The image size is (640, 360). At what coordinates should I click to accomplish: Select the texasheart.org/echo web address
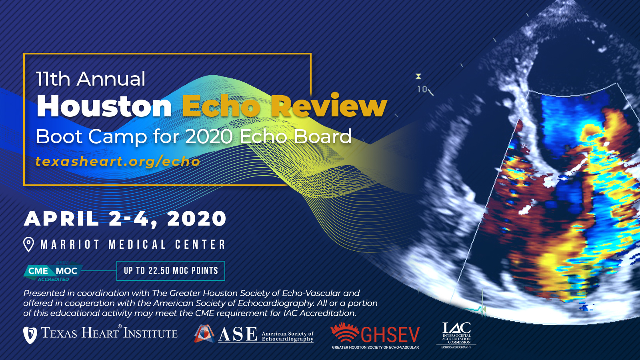pos(118,162)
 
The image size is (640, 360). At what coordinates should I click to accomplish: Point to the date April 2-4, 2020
pos(125,219)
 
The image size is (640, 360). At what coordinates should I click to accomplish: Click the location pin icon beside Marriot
pos(28,245)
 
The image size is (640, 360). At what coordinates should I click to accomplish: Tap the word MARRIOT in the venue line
pos(70,244)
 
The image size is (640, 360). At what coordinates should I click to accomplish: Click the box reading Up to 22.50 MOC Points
pos(170,270)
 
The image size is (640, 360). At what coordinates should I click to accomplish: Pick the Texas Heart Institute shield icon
pos(30,335)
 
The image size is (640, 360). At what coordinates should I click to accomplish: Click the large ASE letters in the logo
pos(238,334)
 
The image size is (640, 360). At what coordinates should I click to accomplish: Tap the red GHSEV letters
pos(390,335)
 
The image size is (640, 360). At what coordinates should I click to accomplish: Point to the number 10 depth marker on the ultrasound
pos(422,90)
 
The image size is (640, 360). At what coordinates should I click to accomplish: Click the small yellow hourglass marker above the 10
pos(418,76)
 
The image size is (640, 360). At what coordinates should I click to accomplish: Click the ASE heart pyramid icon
pos(204,334)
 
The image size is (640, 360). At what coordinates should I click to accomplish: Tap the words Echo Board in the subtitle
pos(296,136)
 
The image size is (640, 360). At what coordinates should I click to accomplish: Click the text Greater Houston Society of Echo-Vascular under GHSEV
pos(376,348)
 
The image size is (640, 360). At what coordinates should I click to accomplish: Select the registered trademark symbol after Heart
pos(120,326)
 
